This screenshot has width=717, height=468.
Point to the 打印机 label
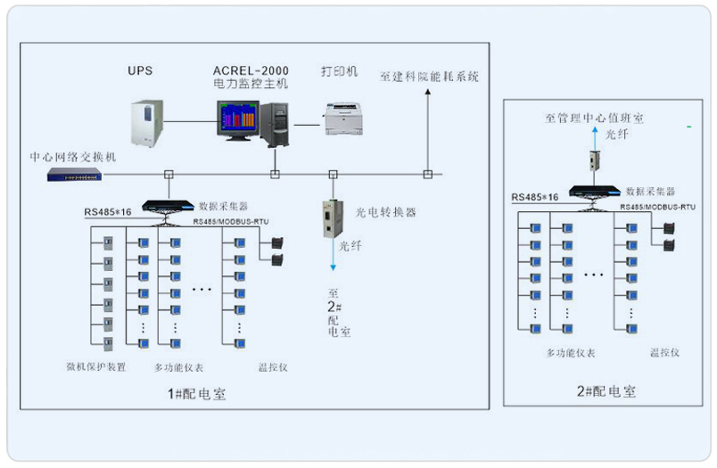pos(339,70)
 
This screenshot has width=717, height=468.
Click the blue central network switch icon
pos(75,174)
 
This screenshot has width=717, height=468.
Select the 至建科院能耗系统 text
pos(430,77)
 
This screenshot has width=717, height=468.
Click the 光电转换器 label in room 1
pos(386,212)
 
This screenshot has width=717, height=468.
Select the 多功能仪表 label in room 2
pos(571,353)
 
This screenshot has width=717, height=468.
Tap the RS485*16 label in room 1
pos(110,212)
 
